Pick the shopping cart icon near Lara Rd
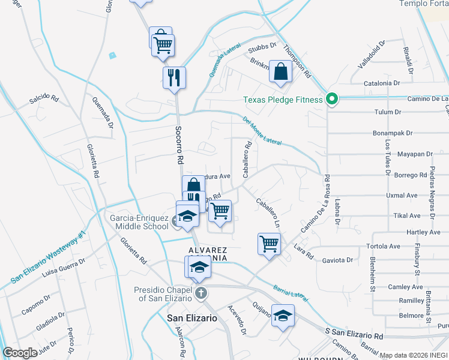pyautogui.click(x=269, y=244)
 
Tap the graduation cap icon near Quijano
pyautogui.click(x=283, y=315)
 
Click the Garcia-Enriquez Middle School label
pyautogui.click(x=139, y=222)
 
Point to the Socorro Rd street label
pyautogui.click(x=179, y=145)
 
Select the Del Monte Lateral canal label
pyautogui.click(x=262, y=130)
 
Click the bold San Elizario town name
pyautogui.click(x=191, y=319)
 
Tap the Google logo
pyautogui.click(x=20, y=353)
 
